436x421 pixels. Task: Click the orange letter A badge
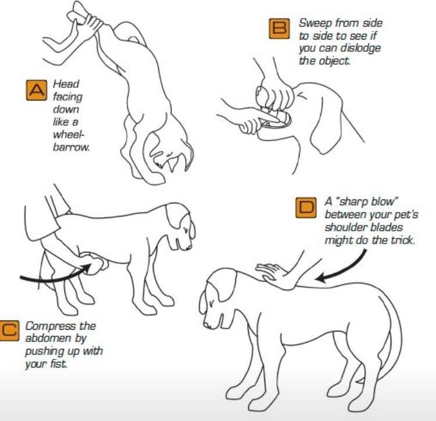(37, 90)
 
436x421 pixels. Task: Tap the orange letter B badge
(279, 28)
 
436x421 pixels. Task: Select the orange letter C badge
(9, 330)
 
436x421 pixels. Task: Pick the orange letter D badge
(306, 208)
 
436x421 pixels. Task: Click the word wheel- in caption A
(68, 134)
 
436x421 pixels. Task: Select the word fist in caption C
(58, 363)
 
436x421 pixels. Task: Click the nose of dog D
(207, 325)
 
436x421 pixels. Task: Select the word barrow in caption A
(71, 147)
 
